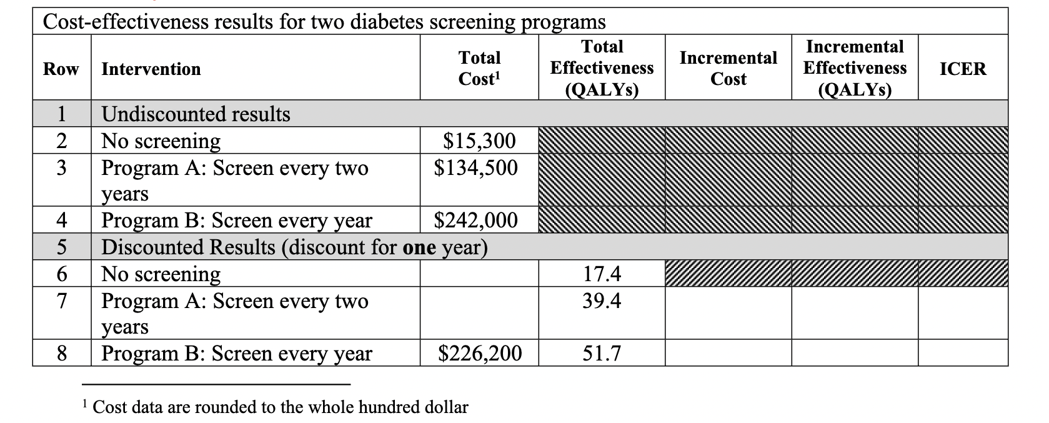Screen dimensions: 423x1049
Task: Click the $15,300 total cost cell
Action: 479,141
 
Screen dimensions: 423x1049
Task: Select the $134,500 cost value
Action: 476,167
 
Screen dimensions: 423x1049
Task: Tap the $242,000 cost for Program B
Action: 476,221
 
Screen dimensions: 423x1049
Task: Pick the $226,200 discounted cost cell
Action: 480,354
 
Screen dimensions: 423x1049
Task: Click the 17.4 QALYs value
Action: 602,274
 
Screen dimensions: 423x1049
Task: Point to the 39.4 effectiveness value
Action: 602,301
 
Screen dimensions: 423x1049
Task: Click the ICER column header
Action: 963,69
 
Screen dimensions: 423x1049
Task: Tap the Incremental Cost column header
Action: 728,68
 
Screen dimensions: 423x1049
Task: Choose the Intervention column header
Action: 151,69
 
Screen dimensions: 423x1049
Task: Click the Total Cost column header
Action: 479,68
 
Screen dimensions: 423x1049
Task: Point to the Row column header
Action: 61,69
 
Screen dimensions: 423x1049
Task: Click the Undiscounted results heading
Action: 196,114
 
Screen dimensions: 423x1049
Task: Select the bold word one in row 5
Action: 420,247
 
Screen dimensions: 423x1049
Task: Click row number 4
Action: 61,221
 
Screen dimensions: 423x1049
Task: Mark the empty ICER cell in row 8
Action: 963,354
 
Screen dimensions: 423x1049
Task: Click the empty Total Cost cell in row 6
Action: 479,274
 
